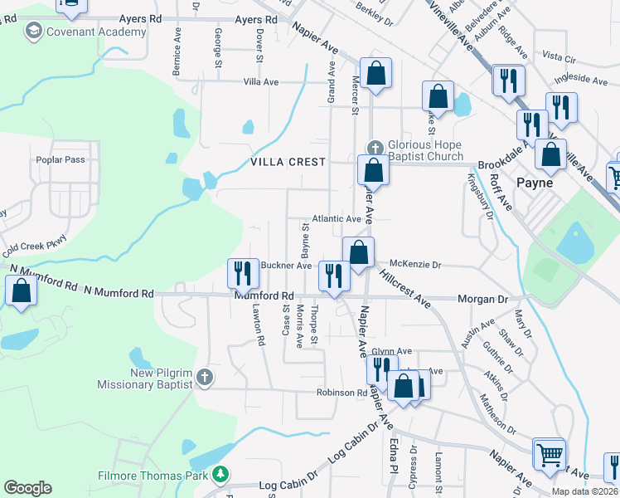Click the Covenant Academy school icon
pyautogui.click(x=33, y=32)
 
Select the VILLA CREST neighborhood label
pyautogui.click(x=288, y=163)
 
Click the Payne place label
pyautogui.click(x=535, y=182)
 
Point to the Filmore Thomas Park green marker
pyautogui.click(x=220, y=474)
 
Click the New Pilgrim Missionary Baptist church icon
pyautogui.click(x=205, y=378)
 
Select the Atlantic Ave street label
pyautogui.click(x=336, y=219)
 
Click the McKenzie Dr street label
pyautogui.click(x=414, y=265)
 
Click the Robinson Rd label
pyautogui.click(x=341, y=393)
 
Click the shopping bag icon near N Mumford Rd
pyautogui.click(x=20, y=290)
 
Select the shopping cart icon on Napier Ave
pyautogui.click(x=549, y=453)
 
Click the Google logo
pyautogui.click(x=27, y=488)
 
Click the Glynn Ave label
pyautogui.click(x=391, y=351)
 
